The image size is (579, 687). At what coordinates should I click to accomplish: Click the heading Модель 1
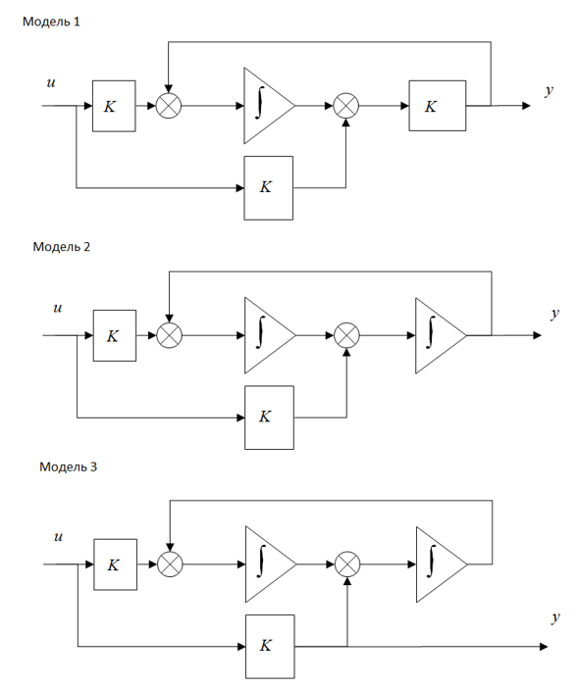tap(51, 22)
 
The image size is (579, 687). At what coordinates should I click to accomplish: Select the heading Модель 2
tap(62, 247)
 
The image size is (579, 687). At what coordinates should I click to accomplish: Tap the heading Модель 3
tap(68, 466)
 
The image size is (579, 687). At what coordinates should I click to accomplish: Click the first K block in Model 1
tap(114, 106)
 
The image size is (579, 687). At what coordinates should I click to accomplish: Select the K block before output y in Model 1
tap(438, 106)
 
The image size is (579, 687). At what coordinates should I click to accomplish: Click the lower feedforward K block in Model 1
tap(269, 188)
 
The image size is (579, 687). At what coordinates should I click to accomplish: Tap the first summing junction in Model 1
tap(169, 106)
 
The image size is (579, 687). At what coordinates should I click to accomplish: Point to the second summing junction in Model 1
tap(346, 106)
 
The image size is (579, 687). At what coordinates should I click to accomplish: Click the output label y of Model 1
tap(550, 90)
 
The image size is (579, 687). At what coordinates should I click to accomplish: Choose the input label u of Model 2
tap(58, 308)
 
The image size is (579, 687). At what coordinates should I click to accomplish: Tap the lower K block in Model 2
tap(269, 417)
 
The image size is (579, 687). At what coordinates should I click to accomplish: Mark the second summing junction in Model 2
tap(347, 335)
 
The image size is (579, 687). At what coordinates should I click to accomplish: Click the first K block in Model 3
tap(116, 564)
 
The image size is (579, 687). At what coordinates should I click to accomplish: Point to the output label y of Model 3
tap(555, 617)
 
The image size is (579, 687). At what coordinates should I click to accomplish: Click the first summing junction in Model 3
tap(170, 564)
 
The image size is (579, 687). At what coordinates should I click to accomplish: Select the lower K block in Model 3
tap(270, 647)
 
